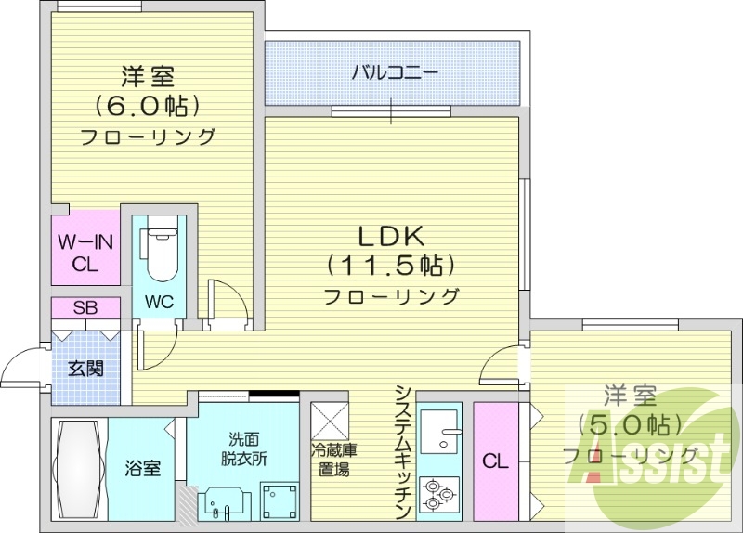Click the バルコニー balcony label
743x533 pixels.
pos(393,72)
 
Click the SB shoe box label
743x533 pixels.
pos(85,307)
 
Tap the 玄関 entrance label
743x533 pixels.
pos(85,368)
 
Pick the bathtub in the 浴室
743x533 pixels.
pos(78,469)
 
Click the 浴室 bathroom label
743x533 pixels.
pos(144,468)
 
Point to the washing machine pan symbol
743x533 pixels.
pos(278,500)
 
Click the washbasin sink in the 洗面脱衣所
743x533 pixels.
pos(221,502)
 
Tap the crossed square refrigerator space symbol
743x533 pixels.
pos(329,420)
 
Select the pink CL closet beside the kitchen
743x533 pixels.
pos(494,461)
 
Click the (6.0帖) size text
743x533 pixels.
pos(148,104)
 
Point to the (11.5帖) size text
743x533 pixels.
pos(391,266)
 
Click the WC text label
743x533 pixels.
pos(159,303)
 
